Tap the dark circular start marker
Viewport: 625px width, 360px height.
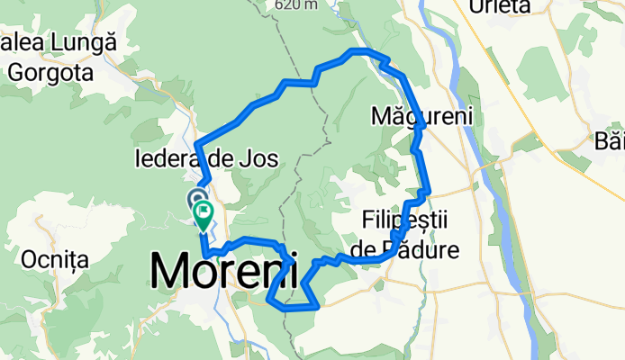[197, 198]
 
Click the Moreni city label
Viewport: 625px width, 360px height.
[225, 270]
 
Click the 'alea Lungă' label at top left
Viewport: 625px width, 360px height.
[59, 42]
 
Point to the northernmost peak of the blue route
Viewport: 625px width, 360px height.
[360, 50]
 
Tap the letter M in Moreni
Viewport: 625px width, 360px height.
[169, 270]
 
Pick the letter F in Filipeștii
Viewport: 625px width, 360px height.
[367, 220]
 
